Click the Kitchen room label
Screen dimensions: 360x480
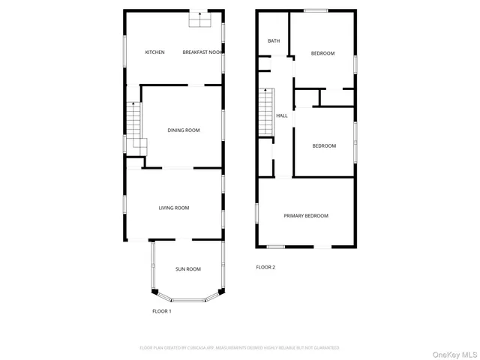(x=154, y=52)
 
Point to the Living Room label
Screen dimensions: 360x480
(x=173, y=208)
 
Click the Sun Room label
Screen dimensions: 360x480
(x=187, y=269)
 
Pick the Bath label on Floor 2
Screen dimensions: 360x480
(x=273, y=40)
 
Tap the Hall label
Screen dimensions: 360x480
(x=282, y=115)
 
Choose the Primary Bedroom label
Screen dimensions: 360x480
(x=306, y=216)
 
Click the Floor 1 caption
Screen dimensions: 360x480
(x=162, y=311)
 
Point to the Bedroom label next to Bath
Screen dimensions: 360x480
(x=322, y=53)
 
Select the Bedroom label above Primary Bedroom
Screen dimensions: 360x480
(x=324, y=145)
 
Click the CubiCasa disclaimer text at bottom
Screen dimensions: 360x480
(x=239, y=348)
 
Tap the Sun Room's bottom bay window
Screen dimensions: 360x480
(x=187, y=300)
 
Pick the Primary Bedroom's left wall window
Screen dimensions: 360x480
(x=258, y=213)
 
